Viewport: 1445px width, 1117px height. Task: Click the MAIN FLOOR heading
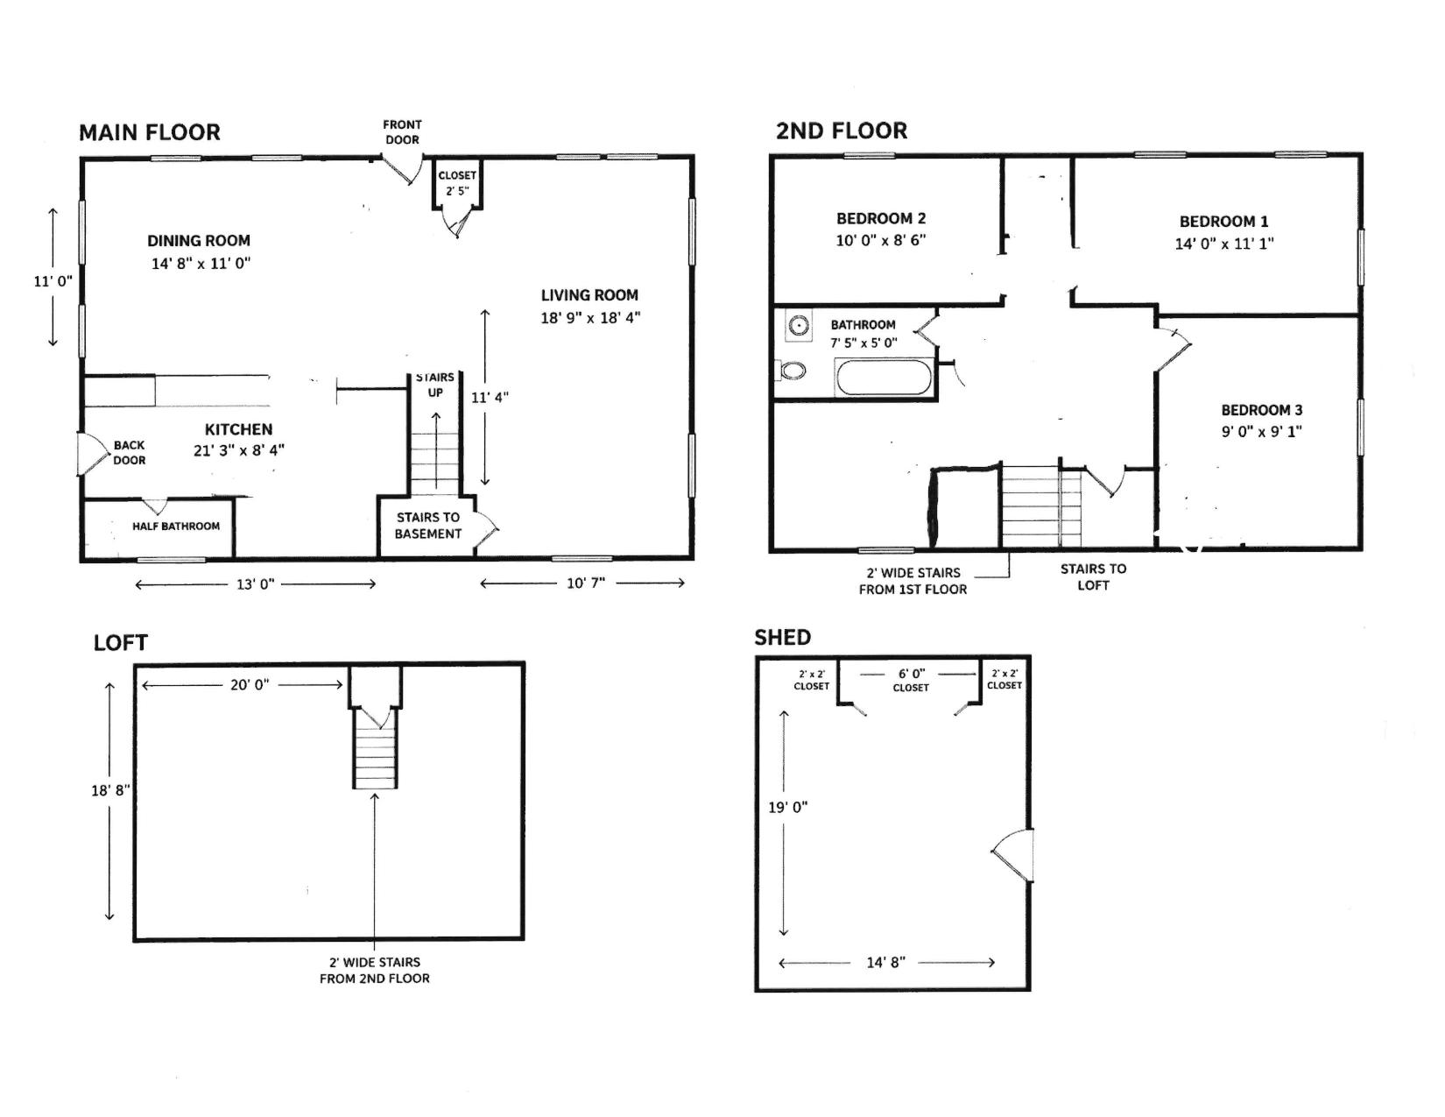150,132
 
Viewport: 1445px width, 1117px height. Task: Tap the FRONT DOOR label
402,132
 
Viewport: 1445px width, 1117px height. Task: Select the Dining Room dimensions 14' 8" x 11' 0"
201,264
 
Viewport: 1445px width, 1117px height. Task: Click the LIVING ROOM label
589,294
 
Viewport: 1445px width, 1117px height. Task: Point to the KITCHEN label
238,430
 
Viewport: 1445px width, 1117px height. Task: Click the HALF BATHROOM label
175,527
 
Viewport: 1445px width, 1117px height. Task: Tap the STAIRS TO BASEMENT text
427,526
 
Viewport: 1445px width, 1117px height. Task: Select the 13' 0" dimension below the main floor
256,584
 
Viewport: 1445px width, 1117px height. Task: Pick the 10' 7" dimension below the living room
585,583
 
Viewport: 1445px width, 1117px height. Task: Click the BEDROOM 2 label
880,219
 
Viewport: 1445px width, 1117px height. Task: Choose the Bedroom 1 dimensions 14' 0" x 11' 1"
1223,244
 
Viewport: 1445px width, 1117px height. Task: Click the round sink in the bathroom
798,326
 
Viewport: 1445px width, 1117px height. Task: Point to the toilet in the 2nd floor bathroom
791,370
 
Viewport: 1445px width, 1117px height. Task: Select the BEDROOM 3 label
1261,410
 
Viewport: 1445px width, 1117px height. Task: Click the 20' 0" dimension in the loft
250,684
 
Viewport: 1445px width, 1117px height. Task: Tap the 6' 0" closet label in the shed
911,681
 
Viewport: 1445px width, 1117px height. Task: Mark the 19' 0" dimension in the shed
788,807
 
